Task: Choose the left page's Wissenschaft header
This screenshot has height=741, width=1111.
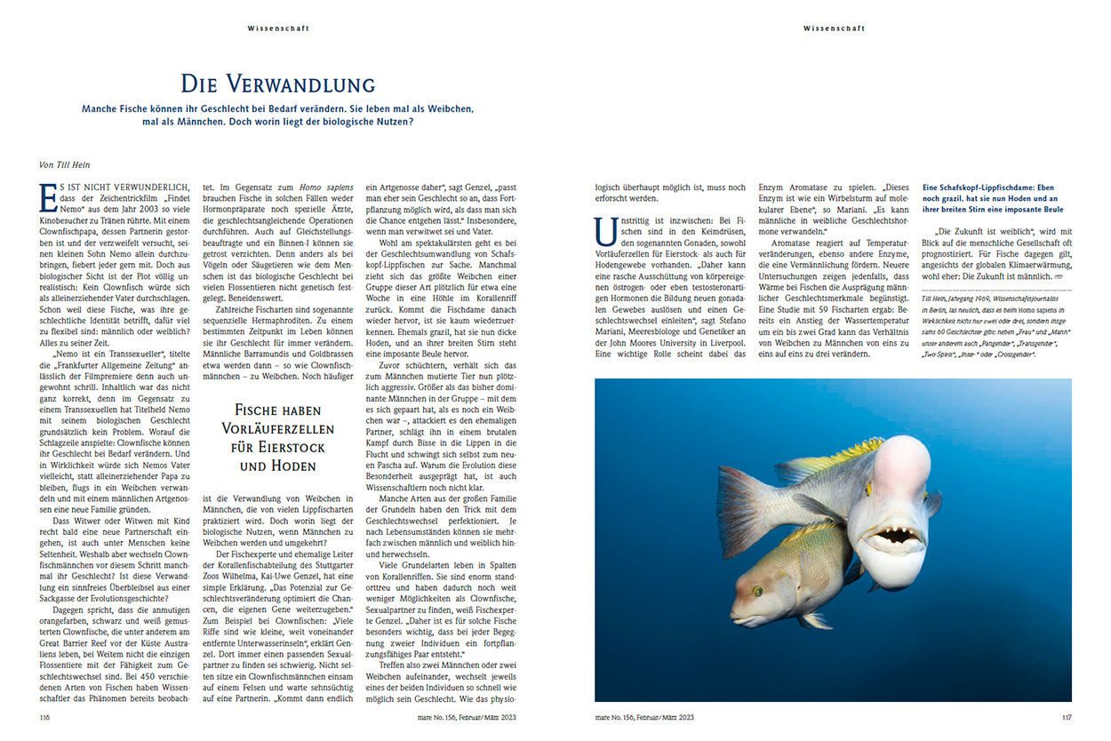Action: click(x=278, y=28)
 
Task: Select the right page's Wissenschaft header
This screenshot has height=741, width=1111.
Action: click(x=833, y=28)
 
